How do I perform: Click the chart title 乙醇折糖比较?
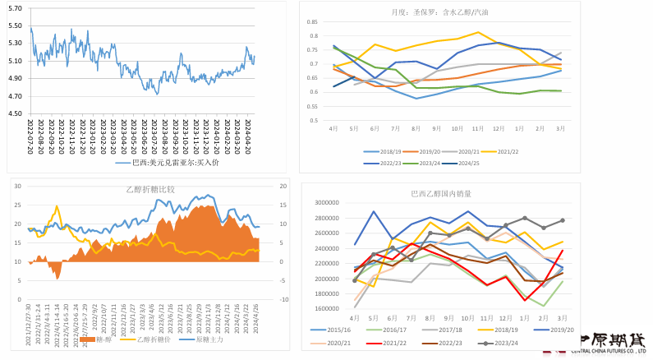pos(146,189)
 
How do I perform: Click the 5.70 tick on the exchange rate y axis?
pos(15,7)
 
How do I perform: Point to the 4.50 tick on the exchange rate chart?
pos(15,113)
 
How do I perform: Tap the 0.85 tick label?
pos(314,22)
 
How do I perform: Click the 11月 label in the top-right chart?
pos(477,129)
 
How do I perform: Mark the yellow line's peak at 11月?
pos(478,33)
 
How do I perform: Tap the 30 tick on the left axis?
pos(20,187)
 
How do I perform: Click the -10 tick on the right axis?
pos(282,300)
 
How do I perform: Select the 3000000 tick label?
pos(326,202)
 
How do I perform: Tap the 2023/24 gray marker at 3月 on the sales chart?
pos(563,220)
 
